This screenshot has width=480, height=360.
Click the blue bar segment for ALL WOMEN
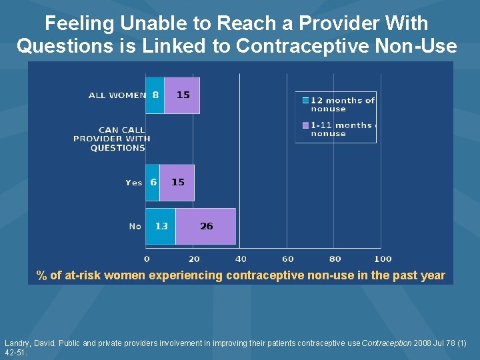coord(155,95)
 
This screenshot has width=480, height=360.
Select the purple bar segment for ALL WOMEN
coord(182,95)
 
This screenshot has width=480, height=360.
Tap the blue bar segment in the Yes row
coord(153,183)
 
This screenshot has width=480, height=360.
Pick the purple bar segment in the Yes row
coord(177,183)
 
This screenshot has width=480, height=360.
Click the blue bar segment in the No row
coord(161,227)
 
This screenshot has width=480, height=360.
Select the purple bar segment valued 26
coord(206,227)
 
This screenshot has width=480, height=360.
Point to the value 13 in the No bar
coord(161,227)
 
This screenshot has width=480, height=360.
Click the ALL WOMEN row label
coord(117,95)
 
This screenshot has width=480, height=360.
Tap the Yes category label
coord(133,183)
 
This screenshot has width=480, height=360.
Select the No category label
coord(135,227)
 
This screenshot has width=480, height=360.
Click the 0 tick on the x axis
coord(147,259)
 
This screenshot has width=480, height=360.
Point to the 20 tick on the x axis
coord(194,259)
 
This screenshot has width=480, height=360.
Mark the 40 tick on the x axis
coord(241,259)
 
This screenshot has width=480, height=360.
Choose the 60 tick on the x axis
coord(288,259)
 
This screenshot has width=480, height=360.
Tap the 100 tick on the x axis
coord(383,259)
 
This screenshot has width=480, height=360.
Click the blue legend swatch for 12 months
coord(305,101)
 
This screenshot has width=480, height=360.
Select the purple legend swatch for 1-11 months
coord(305,125)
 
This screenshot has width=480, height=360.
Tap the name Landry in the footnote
coord(17,343)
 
